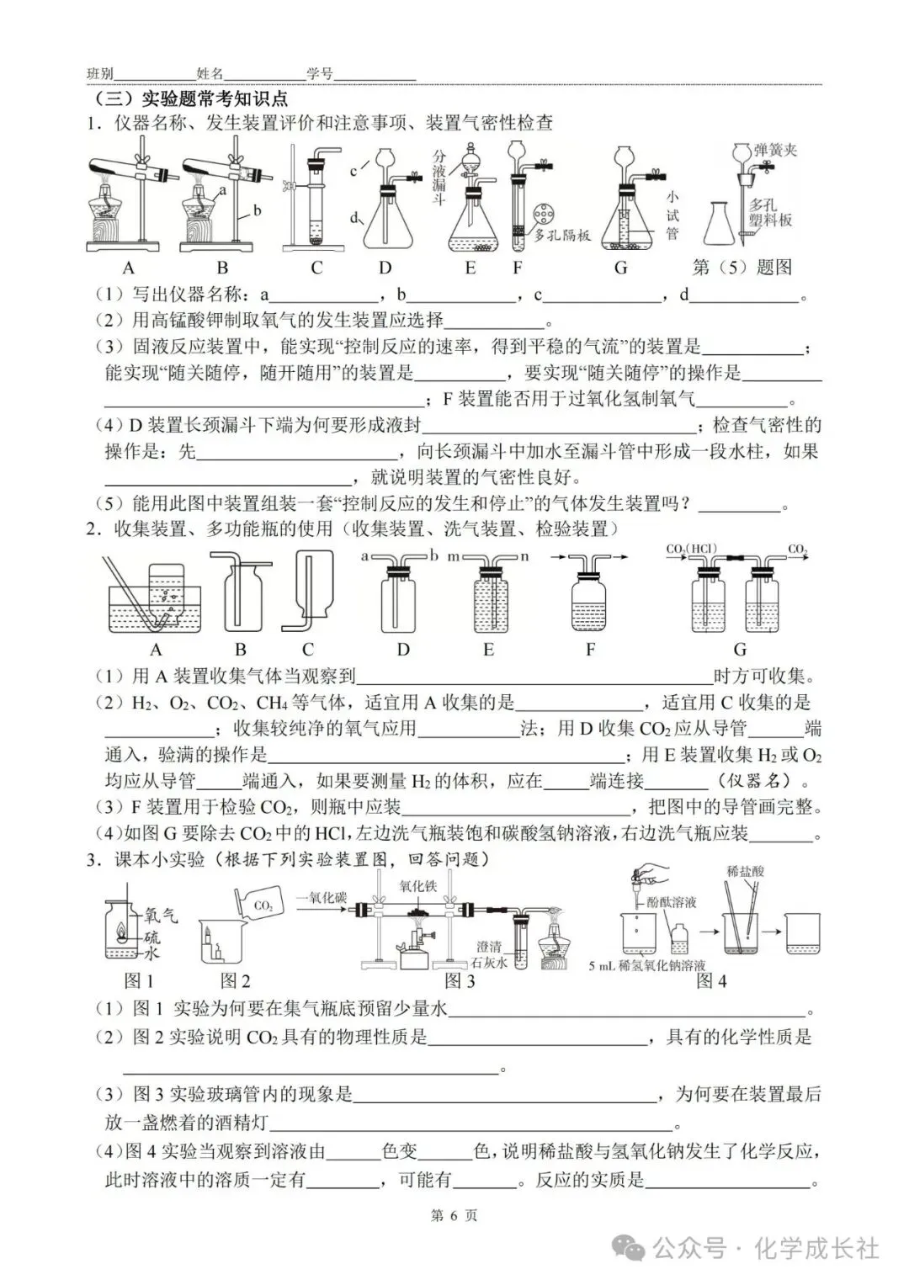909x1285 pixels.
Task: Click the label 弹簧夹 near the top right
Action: coord(775,150)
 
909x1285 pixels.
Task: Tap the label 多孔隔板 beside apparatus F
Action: coord(562,235)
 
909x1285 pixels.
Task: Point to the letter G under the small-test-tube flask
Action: coord(621,268)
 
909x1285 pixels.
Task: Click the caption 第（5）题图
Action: coord(742,268)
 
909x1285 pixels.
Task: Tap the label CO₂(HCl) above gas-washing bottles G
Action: coord(690,550)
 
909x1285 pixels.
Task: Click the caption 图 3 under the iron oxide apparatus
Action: coord(460,980)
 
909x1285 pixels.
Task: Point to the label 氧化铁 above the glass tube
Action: coord(417,886)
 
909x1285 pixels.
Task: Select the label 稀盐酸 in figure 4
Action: coord(745,872)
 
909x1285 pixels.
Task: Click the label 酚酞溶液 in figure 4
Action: coord(672,902)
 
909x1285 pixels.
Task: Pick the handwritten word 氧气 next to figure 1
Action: coord(161,915)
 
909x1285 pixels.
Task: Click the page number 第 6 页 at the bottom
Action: coord(454,1215)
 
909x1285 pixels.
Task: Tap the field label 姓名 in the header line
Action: coord(210,74)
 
